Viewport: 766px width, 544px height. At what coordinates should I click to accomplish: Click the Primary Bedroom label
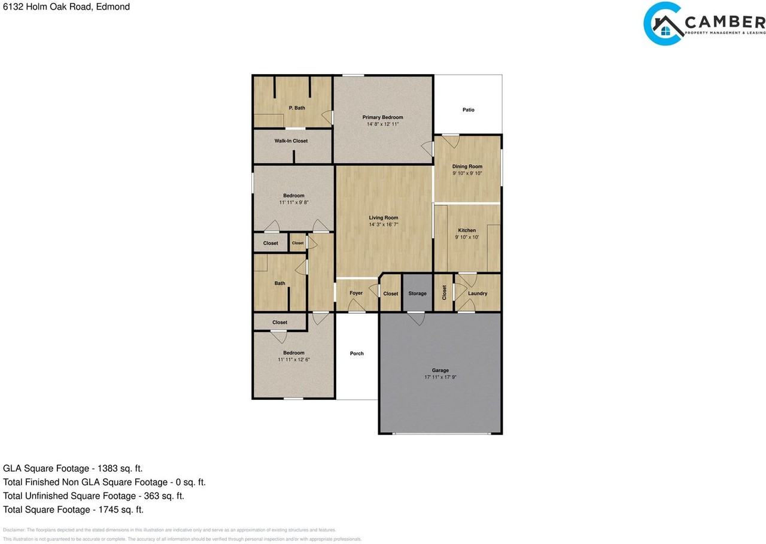382,117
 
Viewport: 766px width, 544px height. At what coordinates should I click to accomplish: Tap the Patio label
468,110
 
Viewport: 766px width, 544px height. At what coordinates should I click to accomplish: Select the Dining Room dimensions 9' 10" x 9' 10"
467,174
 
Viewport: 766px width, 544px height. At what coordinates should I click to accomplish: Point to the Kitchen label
467,230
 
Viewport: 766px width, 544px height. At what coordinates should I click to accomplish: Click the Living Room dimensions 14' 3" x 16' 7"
383,225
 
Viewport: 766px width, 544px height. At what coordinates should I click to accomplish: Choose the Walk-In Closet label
291,141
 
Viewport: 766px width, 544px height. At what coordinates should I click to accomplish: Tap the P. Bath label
297,108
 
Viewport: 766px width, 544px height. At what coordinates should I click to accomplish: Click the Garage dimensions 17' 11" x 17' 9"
440,378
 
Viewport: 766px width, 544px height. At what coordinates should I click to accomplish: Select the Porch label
357,354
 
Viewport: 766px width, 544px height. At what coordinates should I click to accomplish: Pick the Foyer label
356,293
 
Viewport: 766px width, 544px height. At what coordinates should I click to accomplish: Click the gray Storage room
417,293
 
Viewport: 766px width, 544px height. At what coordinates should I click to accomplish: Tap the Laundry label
478,294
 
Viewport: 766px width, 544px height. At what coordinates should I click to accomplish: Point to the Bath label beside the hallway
279,284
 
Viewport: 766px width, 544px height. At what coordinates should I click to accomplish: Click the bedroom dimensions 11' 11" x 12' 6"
293,360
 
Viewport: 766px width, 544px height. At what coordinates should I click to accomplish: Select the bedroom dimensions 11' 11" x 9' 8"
293,203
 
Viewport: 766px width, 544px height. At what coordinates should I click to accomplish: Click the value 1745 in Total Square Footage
106,510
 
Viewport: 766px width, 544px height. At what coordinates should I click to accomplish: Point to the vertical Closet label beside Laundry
444,293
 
